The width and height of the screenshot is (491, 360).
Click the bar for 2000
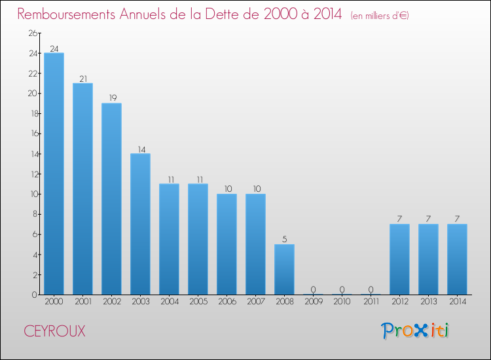coord(54,173)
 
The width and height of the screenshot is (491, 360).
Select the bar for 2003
coord(140,224)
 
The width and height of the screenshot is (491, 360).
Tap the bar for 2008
coord(284,269)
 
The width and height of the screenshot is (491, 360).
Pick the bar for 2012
coord(399,259)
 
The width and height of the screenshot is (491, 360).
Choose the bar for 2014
coord(457,259)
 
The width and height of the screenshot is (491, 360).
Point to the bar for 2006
coord(227,244)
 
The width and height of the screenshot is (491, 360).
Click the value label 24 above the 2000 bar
coord(54,48)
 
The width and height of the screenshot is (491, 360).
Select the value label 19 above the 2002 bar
coord(111,99)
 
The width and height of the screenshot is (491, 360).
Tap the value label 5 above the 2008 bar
coord(284,240)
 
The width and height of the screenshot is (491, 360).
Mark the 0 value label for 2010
coord(342,290)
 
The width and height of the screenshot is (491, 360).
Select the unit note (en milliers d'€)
coord(379,15)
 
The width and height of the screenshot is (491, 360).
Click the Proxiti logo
coord(416,331)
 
